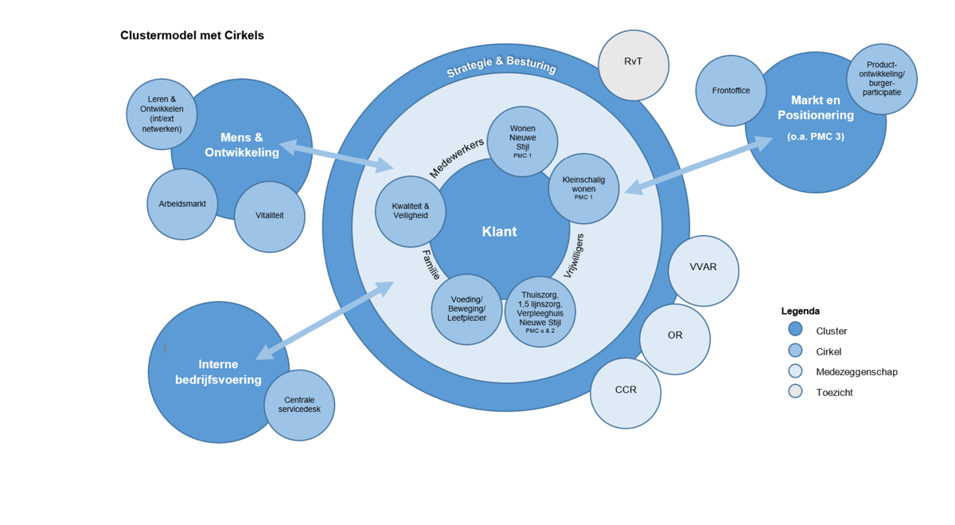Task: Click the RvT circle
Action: click(633, 65)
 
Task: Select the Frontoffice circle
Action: click(731, 91)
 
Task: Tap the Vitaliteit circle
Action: click(269, 216)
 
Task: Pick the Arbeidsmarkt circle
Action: click(182, 204)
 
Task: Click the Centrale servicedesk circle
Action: click(299, 405)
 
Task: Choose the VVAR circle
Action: click(703, 271)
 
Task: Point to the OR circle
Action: click(675, 339)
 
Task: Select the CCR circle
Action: click(626, 393)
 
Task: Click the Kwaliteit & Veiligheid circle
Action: click(410, 211)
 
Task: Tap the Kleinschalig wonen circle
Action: click(583, 189)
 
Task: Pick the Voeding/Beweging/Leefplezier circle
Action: click(466, 309)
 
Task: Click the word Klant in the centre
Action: click(499, 232)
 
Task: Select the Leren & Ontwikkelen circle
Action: click(162, 114)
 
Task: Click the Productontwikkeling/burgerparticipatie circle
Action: click(881, 79)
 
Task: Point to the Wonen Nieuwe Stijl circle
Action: click(522, 141)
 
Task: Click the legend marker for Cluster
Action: click(795, 330)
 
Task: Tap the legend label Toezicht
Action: click(834, 392)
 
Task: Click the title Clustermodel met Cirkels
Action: click(192, 35)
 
